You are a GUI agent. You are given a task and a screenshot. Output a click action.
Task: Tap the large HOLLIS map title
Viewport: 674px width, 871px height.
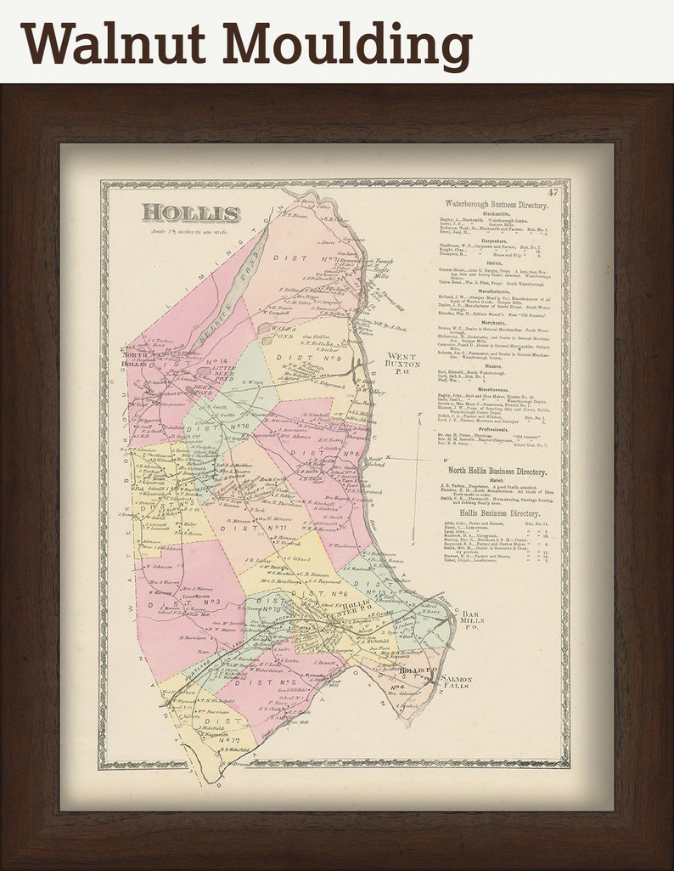(x=191, y=213)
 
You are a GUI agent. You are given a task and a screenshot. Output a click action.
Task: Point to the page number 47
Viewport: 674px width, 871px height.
(x=553, y=192)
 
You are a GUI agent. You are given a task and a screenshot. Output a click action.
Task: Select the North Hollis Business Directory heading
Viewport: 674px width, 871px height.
(x=497, y=472)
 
